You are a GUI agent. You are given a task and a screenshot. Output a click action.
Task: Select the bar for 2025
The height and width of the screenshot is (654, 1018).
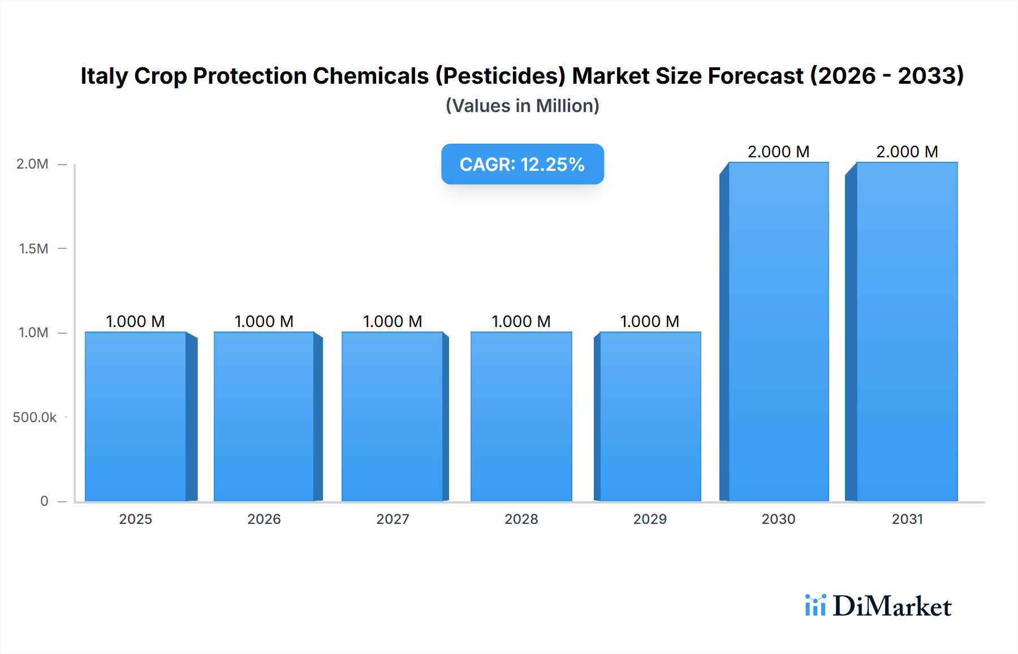(x=136, y=416)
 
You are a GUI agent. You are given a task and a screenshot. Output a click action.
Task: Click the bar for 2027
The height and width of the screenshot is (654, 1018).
(x=392, y=416)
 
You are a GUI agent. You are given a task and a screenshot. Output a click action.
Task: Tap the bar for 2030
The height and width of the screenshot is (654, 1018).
(x=778, y=332)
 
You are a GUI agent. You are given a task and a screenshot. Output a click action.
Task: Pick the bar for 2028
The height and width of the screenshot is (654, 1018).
(x=521, y=416)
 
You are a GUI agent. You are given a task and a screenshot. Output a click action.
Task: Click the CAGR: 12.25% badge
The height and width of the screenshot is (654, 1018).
(x=522, y=164)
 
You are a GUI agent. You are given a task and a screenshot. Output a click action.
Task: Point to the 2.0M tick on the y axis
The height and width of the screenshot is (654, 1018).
(x=32, y=164)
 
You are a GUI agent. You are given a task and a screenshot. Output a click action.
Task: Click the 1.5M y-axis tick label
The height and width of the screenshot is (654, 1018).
(x=33, y=248)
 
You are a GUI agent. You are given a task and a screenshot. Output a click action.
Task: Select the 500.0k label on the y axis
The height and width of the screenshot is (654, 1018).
(x=34, y=417)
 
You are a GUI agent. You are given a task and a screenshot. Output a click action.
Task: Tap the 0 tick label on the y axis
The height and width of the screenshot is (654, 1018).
(x=44, y=501)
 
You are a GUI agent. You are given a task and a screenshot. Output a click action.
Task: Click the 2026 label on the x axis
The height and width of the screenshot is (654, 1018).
(x=264, y=519)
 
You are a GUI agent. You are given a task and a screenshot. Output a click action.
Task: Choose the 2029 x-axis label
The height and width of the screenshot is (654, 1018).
(x=650, y=519)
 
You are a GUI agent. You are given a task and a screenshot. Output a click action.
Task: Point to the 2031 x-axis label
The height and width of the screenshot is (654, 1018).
(x=907, y=519)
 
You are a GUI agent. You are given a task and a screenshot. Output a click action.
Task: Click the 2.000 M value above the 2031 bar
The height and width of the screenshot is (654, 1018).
(x=907, y=152)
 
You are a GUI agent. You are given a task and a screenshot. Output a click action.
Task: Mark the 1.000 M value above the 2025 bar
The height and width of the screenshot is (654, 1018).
(x=136, y=321)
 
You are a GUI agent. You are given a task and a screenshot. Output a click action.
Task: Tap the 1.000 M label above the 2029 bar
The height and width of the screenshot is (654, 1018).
(x=650, y=321)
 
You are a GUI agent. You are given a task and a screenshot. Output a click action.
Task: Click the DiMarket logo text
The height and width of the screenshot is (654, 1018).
(x=892, y=606)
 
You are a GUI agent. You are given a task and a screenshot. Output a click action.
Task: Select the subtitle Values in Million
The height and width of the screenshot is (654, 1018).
(x=522, y=106)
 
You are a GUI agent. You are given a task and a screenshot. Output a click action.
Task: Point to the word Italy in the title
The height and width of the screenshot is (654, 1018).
(x=104, y=76)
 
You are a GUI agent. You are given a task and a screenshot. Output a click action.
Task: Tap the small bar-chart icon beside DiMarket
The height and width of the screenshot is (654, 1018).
(x=815, y=605)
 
